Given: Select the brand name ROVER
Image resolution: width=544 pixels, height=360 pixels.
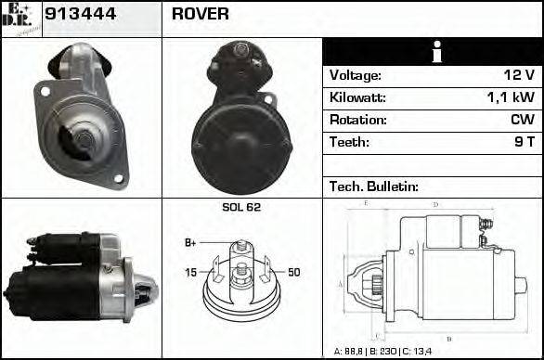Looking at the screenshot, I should coord(201,15).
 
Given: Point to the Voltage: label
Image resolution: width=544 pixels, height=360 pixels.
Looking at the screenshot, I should coord(355,75).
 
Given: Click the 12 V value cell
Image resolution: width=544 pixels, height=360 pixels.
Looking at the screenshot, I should coord(517,75).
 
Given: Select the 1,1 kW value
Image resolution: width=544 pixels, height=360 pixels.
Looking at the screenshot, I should coord(510,97).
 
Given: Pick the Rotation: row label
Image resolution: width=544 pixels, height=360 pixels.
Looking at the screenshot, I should coord(357,120).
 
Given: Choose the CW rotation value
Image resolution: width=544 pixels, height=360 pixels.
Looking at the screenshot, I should coord(522,120).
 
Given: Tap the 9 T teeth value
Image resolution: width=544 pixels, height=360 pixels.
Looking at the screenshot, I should coord(524,142).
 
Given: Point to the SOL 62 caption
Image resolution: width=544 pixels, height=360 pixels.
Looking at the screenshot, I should coord(240,207).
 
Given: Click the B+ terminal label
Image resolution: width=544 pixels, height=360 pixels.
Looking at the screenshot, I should coord(190,242).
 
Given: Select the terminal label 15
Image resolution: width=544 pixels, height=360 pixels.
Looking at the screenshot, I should coord(190,272).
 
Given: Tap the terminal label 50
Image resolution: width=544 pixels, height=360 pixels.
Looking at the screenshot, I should coord(294,272).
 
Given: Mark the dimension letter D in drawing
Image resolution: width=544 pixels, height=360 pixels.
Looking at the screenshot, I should coord(436,204).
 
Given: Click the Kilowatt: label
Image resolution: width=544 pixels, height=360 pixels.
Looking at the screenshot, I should coord(357,97).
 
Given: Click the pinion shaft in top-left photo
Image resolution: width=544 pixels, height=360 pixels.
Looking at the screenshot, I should coord(82,140).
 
